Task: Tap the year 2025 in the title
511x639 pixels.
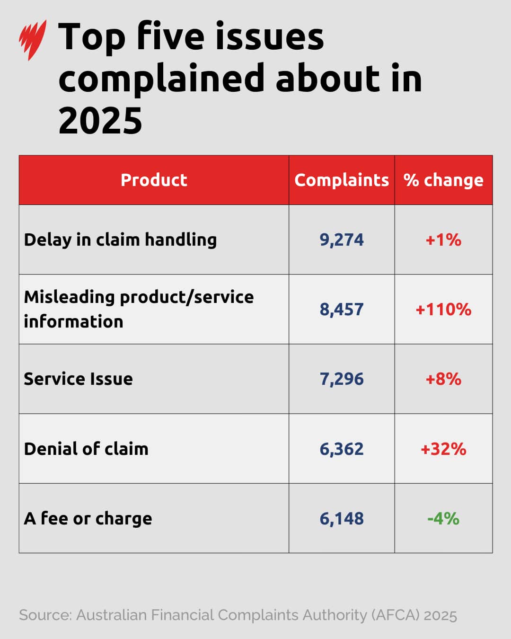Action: point(100,120)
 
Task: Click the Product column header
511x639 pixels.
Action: point(154,180)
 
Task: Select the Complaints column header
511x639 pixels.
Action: point(341,180)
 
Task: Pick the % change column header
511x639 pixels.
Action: point(443,180)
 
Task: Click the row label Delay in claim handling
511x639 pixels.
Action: point(120,240)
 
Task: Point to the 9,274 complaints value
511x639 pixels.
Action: point(342,240)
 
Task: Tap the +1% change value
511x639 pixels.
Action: point(443,240)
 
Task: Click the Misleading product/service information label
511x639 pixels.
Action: point(139,309)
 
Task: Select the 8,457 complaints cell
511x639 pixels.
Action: point(342,309)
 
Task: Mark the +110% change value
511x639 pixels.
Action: point(443,309)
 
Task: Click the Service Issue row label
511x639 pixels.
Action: point(78,379)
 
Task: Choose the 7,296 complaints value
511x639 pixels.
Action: point(342,379)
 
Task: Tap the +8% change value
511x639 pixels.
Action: point(443,379)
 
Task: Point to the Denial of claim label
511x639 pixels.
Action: point(86,448)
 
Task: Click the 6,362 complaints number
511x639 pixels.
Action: point(342,448)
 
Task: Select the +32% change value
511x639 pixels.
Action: point(443,448)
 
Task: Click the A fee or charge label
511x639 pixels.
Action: point(88,518)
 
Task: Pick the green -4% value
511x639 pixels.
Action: point(443,518)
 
